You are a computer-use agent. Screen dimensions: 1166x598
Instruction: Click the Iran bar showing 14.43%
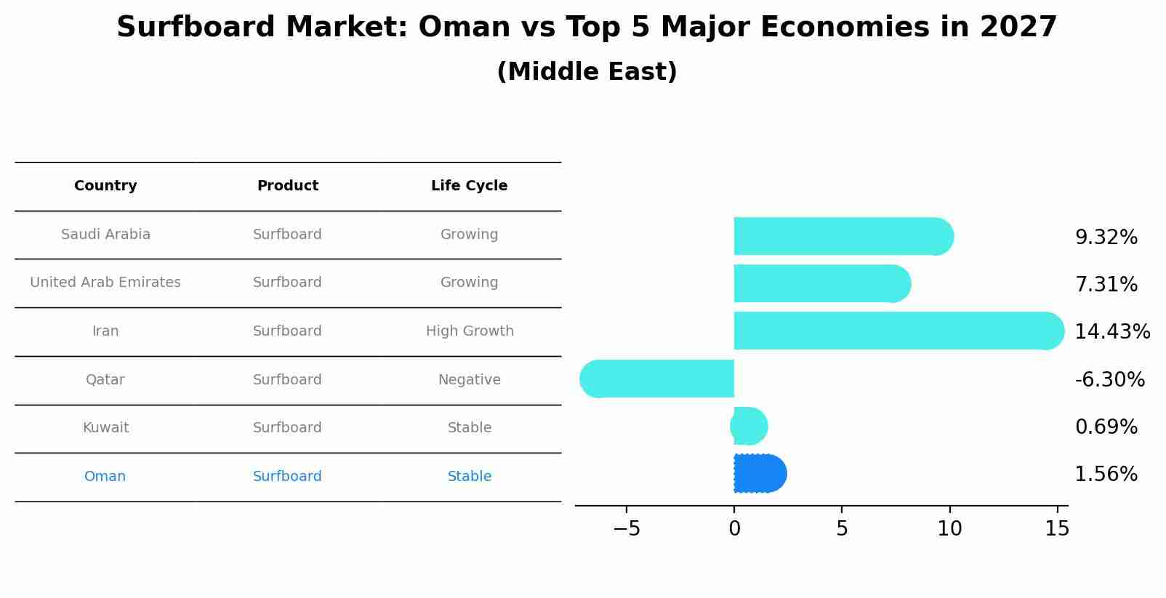[x=899, y=331]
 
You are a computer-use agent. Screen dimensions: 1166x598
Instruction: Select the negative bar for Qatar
[x=657, y=379]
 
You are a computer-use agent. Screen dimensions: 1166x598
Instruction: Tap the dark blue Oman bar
[x=760, y=473]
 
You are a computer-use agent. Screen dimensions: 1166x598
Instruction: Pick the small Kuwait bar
[x=749, y=426]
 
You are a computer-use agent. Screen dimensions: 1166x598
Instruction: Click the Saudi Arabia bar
[x=844, y=236]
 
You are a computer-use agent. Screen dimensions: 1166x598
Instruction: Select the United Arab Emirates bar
[x=822, y=283]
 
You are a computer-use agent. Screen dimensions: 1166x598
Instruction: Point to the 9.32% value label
[x=1106, y=238]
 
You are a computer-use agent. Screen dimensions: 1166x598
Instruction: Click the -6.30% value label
[x=1110, y=379]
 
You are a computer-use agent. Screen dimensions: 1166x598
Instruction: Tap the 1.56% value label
[x=1106, y=474]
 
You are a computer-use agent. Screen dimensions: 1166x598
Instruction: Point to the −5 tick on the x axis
[x=627, y=529]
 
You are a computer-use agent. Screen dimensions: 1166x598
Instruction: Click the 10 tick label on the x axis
[x=949, y=529]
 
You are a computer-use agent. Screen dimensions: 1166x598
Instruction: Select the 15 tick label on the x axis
[x=1057, y=529]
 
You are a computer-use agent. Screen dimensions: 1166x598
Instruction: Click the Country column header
[x=105, y=186]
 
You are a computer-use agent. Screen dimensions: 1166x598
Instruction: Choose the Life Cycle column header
[x=470, y=186]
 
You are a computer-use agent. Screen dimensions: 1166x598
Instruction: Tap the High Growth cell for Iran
[x=470, y=331]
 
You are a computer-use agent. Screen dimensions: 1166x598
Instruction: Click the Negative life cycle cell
[x=470, y=379]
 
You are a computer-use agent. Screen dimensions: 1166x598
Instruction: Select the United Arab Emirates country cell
[x=105, y=282]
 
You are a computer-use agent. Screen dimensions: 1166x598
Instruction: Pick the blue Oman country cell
[x=105, y=476]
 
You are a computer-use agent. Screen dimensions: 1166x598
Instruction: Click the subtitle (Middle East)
[x=587, y=71]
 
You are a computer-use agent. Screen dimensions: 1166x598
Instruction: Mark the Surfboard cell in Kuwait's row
[x=287, y=427]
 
